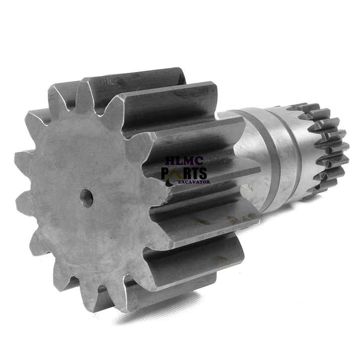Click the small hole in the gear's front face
click(x=86, y=198)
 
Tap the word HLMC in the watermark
click(x=184, y=161)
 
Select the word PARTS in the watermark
click(x=184, y=173)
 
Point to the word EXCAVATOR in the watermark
click(x=195, y=182)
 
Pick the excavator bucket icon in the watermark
click(x=169, y=184)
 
